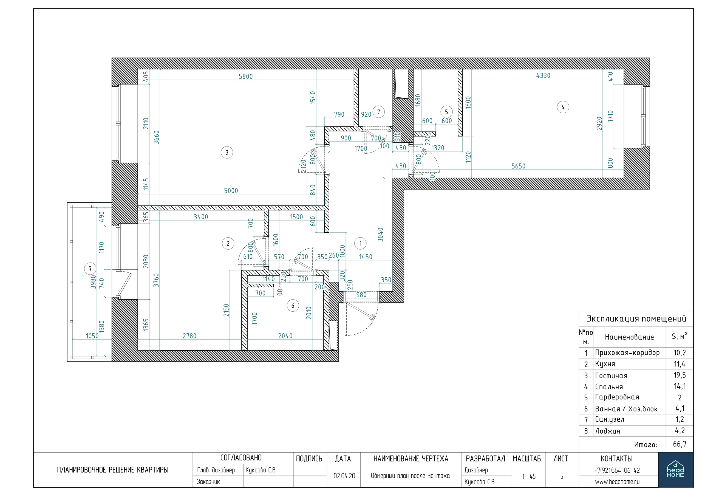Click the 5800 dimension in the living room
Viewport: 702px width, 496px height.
click(245, 76)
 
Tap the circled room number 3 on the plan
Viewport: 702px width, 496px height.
click(227, 152)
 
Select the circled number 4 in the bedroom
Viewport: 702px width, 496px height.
click(563, 107)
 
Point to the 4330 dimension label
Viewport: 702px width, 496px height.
click(543, 75)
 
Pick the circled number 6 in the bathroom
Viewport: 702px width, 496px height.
click(293, 306)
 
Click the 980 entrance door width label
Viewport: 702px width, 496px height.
click(361, 295)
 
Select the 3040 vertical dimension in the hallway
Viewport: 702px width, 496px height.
click(380, 235)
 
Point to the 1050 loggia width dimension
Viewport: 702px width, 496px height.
click(92, 336)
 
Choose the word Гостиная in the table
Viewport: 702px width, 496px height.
click(611, 376)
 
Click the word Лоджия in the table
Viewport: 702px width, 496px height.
click(607, 431)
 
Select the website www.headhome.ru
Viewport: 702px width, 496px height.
click(617, 482)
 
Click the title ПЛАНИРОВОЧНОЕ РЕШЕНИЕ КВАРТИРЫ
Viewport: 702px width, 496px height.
click(112, 470)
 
